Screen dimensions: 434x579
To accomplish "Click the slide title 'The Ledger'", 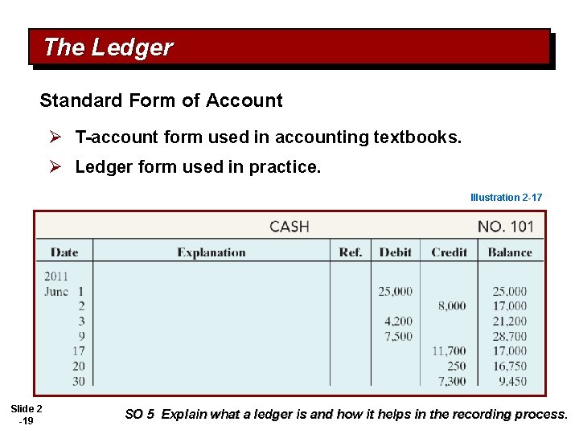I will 108,47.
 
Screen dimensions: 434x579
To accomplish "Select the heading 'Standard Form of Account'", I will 161,100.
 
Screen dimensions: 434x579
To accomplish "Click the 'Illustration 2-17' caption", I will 506,197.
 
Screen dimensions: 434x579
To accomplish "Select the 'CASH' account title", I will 289,227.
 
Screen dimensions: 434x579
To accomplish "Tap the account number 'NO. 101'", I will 505,227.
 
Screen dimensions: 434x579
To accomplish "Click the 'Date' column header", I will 64,252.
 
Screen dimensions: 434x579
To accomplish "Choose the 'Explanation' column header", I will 211,252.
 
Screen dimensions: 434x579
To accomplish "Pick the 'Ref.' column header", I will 351,252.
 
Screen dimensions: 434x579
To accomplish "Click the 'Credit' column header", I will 449,252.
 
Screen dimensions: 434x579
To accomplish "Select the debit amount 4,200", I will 399,321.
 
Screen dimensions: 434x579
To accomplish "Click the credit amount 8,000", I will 452,306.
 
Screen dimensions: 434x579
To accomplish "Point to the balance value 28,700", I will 510,336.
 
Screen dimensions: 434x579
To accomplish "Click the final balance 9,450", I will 512,381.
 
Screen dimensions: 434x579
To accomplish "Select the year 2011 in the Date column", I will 57,276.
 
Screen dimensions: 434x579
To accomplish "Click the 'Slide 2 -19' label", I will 27,415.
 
